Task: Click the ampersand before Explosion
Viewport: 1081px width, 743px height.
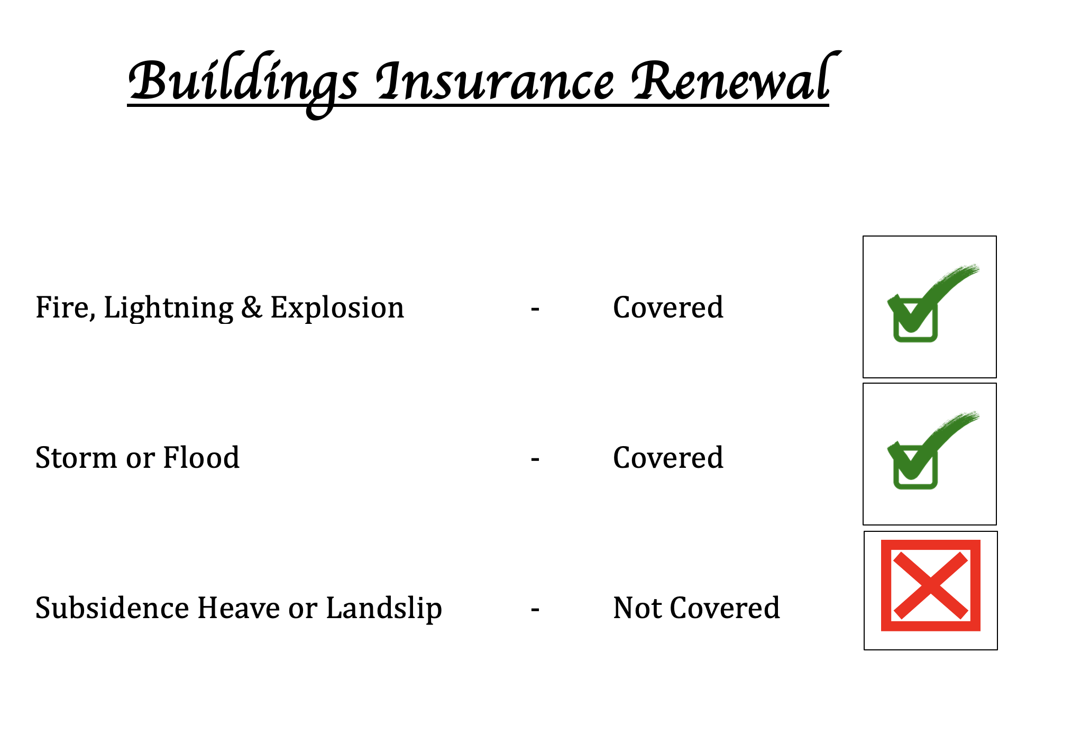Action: (x=252, y=307)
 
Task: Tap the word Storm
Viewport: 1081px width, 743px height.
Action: (x=76, y=458)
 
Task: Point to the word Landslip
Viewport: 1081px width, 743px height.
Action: (x=384, y=609)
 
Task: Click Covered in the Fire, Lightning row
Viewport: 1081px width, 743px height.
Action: (x=668, y=307)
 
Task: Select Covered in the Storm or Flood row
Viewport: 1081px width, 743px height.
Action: (x=668, y=458)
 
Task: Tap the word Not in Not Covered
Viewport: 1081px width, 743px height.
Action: (x=637, y=608)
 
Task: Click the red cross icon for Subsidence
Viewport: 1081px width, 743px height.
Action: (x=930, y=585)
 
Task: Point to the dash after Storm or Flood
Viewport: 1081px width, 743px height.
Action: (x=535, y=459)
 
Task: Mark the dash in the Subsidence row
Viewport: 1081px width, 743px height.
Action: (x=535, y=609)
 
